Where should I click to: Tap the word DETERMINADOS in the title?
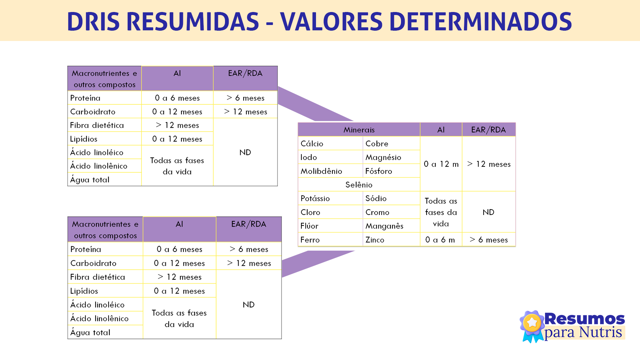480,22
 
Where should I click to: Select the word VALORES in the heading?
331,22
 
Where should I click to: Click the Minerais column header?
359,130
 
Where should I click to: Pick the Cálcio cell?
312,144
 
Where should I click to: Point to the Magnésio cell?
383,157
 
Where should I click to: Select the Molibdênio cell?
321,171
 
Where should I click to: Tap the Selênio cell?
359,185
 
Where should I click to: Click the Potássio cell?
315,199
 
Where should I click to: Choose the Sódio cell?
376,199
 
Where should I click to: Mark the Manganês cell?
384,226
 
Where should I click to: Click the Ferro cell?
310,240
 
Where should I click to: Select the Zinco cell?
375,240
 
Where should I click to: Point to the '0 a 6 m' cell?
440,240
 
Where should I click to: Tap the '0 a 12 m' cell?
441,164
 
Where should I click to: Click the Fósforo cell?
379,171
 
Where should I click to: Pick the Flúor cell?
309,226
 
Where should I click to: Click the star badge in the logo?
532,323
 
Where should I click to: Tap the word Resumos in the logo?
584,319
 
